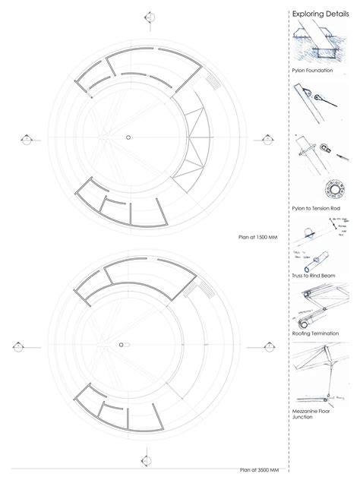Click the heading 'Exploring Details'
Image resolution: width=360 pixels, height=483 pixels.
(322, 13)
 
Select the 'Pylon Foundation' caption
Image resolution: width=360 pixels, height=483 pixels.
(313, 70)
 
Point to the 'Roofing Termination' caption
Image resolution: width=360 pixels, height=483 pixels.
(316, 333)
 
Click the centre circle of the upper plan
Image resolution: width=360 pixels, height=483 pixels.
(128, 137)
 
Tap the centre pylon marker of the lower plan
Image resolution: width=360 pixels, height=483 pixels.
(126, 346)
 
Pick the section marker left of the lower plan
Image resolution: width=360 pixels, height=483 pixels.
(17, 346)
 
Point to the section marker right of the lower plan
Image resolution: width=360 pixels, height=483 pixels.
(267, 346)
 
